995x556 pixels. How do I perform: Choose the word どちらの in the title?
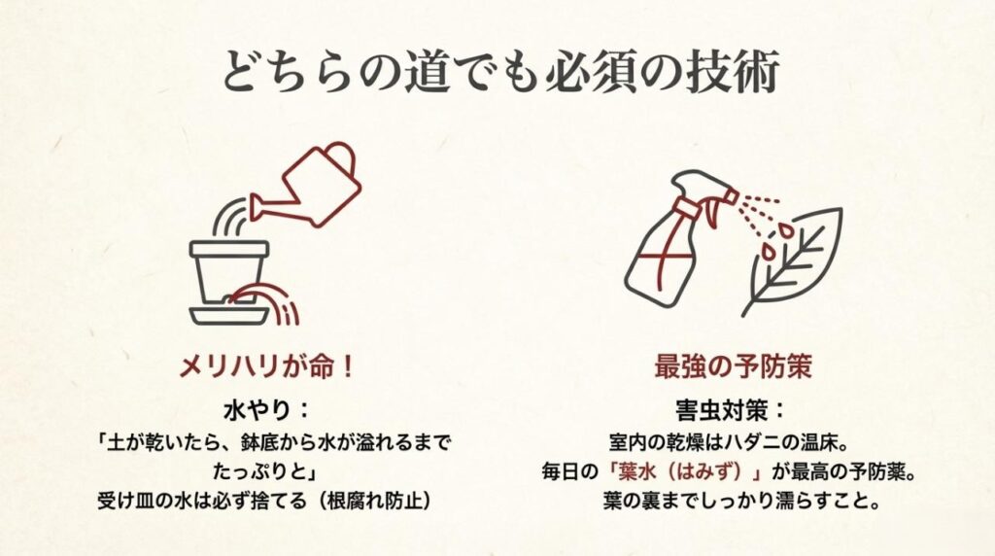tap(292, 73)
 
